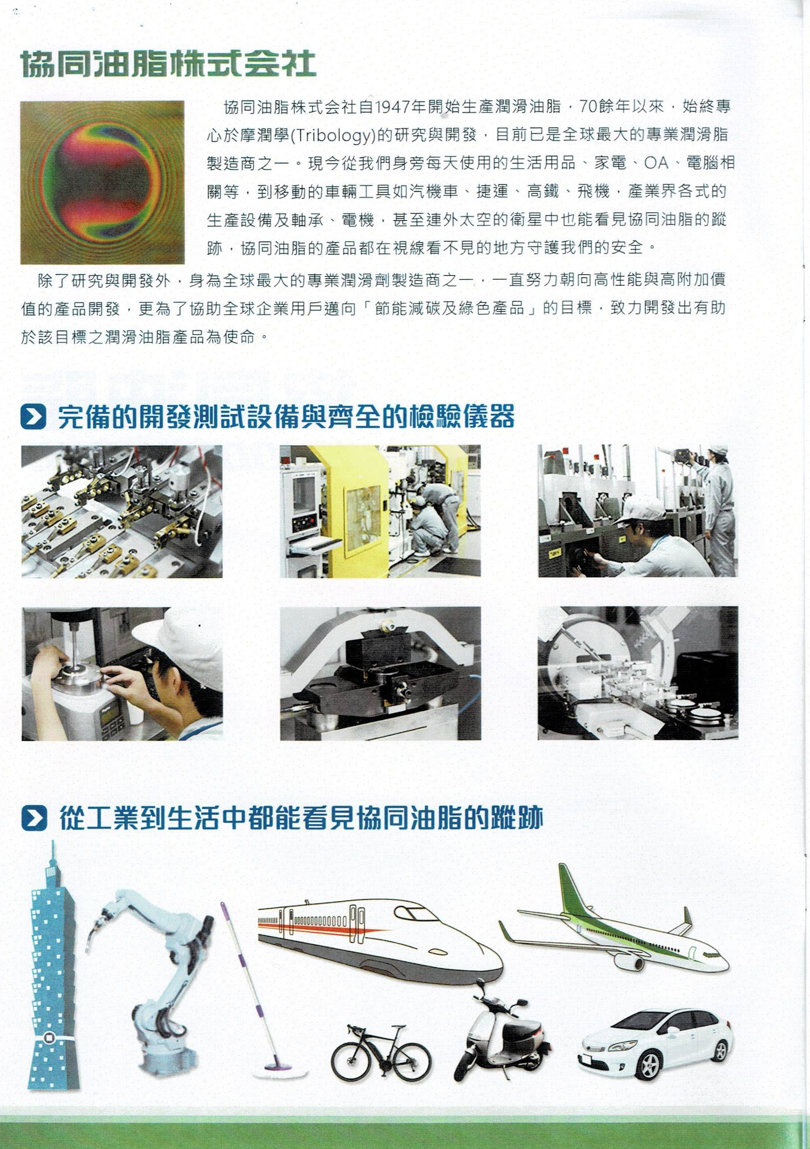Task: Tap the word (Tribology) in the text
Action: click(x=333, y=135)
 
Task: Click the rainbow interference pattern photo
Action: click(x=103, y=183)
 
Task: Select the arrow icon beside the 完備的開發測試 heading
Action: click(x=33, y=417)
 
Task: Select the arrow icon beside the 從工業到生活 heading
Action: click(x=34, y=818)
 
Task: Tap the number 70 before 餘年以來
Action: click(x=588, y=107)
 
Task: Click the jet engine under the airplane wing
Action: click(x=630, y=962)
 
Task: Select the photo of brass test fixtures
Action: click(x=122, y=511)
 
